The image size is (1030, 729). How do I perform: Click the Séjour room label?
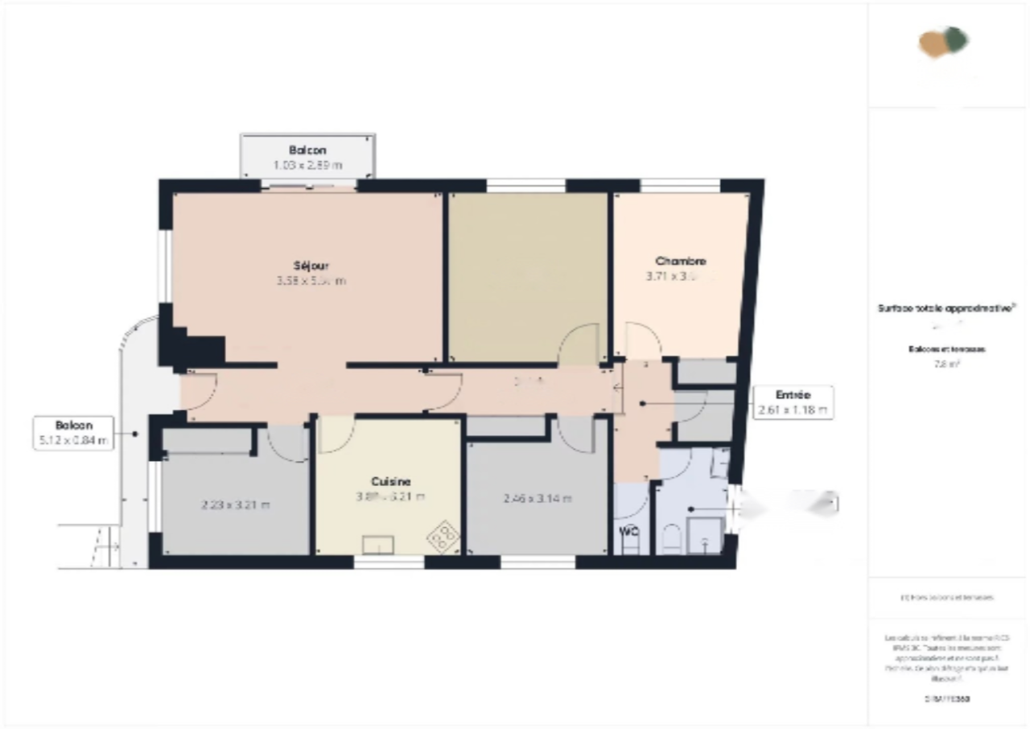[x=311, y=265]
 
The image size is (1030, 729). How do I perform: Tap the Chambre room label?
[x=681, y=262]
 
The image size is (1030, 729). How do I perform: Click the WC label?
[x=628, y=530]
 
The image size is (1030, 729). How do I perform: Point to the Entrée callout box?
[x=792, y=402]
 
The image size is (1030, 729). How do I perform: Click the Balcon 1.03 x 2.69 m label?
[x=307, y=157]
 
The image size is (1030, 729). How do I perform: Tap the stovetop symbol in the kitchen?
[x=443, y=536]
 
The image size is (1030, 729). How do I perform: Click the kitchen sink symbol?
[x=378, y=545]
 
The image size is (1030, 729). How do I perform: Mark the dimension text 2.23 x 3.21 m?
[x=235, y=505]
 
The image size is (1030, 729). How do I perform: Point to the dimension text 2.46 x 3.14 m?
[x=537, y=499]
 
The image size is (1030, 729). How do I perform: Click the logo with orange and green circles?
[x=945, y=42]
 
